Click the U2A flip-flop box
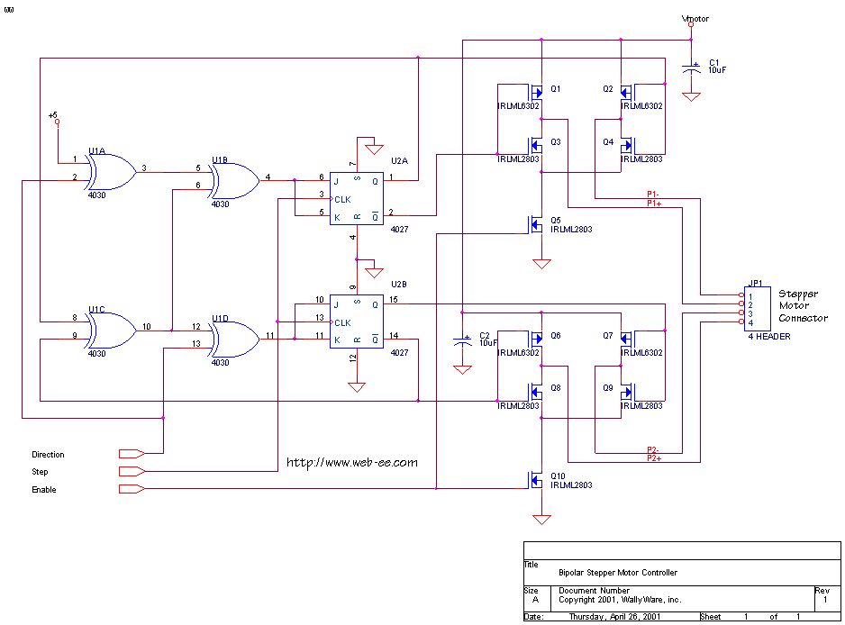point(356,195)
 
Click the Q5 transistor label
point(556,220)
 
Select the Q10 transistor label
point(558,476)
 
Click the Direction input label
point(49,455)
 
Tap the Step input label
point(41,472)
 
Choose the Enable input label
point(44,490)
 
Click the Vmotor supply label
point(696,18)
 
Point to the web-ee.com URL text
point(352,463)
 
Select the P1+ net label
point(655,204)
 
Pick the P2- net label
point(655,449)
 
